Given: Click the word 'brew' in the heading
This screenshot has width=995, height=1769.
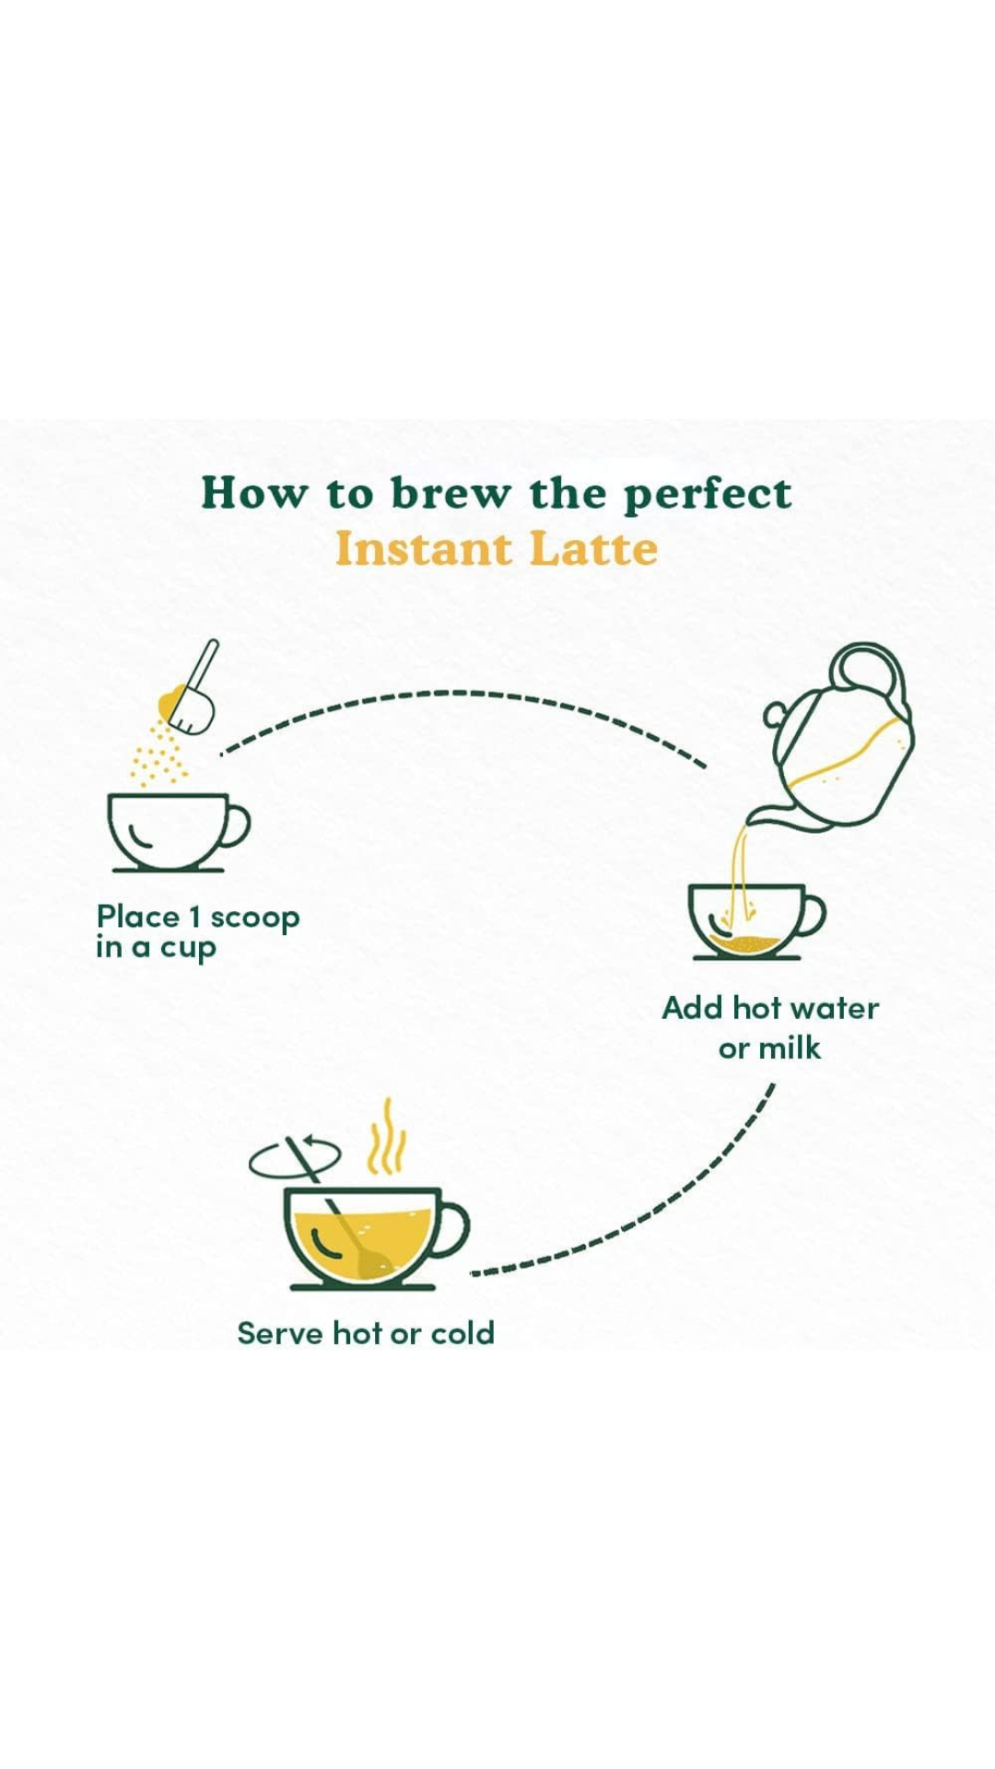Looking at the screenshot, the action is tap(450, 493).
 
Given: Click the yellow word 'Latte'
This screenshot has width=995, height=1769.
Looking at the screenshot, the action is tap(594, 549).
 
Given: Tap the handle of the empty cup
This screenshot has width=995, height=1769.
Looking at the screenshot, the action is tap(237, 826).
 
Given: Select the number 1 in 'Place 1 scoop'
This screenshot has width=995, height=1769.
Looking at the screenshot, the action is tap(194, 918).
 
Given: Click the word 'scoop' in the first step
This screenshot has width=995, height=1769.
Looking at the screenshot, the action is tap(255, 920).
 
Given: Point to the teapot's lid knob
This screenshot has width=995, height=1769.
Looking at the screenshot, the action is tap(776, 716).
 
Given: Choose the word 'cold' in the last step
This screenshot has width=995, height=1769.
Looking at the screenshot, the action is tap(462, 1333).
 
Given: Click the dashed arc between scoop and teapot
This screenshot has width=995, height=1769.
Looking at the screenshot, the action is tap(461, 693).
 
